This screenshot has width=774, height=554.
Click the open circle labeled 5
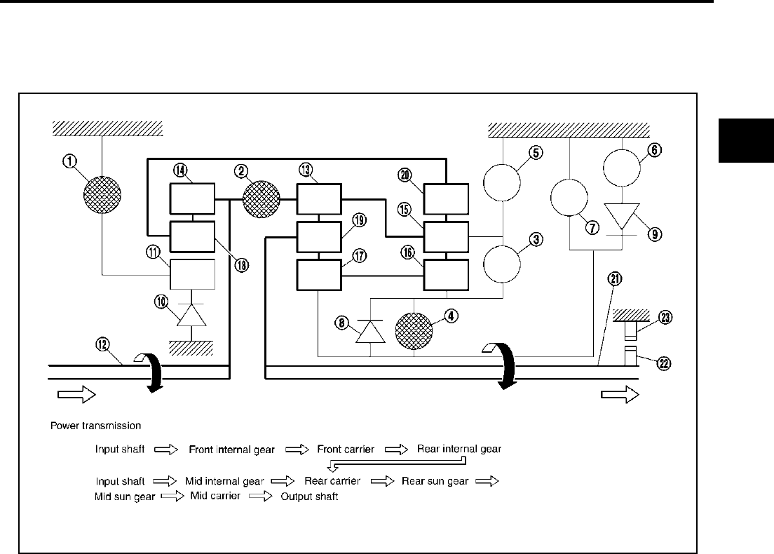tap(503, 181)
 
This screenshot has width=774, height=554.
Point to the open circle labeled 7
tap(569, 198)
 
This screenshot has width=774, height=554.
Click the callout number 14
tap(180, 170)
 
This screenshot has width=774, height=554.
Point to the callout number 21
tap(615, 280)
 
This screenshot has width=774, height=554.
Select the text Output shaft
tap(309, 496)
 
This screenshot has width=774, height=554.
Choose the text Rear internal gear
tap(459, 448)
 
